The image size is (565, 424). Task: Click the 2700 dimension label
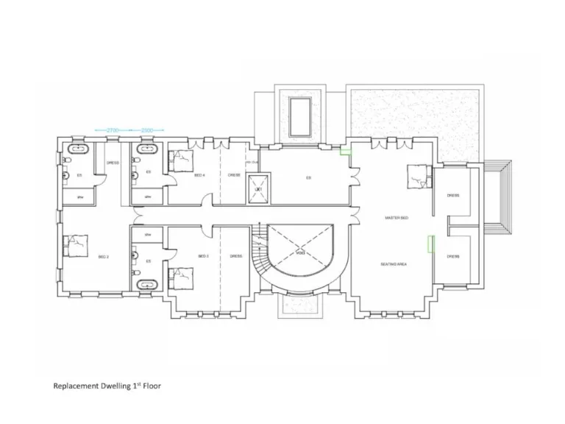click(113, 130)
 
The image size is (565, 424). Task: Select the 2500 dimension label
click(148, 130)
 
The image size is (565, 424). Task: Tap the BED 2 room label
click(103, 256)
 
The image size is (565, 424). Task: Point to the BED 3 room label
click(203, 256)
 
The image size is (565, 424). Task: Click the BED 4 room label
click(199, 175)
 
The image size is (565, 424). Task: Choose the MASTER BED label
click(397, 218)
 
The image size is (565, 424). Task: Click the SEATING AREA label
click(394, 264)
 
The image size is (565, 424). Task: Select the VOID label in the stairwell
click(300, 252)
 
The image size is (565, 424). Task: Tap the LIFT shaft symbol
click(258, 188)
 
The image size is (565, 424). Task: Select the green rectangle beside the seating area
click(431, 244)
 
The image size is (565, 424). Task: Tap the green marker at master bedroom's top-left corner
click(344, 154)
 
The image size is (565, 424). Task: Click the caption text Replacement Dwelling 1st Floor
click(107, 386)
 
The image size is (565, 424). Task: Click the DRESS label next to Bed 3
click(235, 256)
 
